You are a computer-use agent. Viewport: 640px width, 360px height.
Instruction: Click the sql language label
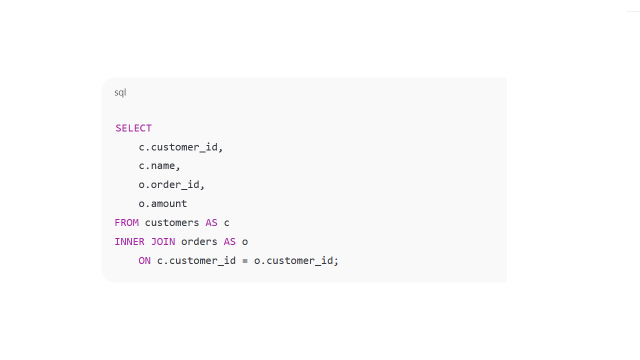click(120, 92)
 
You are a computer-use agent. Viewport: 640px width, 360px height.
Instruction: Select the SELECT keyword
click(133, 128)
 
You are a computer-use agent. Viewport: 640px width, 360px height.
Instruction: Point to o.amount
click(163, 203)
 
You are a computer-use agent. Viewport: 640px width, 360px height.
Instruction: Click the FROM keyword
click(126, 222)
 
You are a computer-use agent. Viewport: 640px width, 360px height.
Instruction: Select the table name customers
click(172, 222)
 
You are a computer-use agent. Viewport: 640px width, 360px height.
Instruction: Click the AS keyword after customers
click(211, 222)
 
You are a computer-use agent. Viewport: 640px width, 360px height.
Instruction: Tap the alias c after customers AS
click(227, 222)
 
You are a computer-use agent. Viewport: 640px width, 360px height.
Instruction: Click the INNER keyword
click(129, 241)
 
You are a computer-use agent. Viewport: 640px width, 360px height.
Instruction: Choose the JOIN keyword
click(163, 241)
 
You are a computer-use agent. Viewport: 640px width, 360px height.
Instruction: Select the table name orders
click(199, 241)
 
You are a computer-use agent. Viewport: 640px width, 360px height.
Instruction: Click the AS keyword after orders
click(229, 241)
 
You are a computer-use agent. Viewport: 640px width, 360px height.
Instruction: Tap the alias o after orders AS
click(245, 241)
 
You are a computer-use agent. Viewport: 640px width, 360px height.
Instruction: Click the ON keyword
click(144, 260)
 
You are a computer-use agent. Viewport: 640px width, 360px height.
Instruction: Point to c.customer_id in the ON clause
click(196, 260)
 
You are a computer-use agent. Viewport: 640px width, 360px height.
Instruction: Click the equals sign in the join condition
click(245, 260)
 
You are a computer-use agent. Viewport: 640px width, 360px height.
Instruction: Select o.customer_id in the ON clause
click(293, 260)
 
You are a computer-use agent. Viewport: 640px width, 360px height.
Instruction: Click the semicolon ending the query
click(336, 260)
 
